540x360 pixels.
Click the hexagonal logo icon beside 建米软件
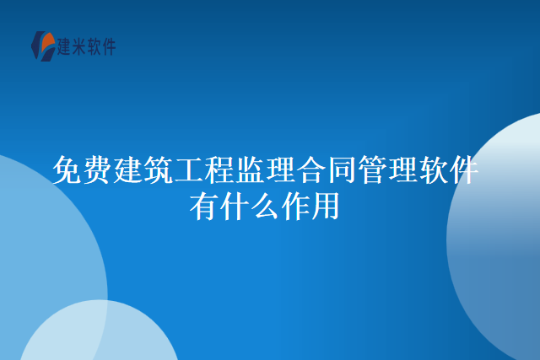click(41, 46)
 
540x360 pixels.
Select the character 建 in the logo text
click(64, 46)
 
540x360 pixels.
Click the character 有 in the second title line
click(204, 206)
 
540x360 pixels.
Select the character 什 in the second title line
click(235, 206)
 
